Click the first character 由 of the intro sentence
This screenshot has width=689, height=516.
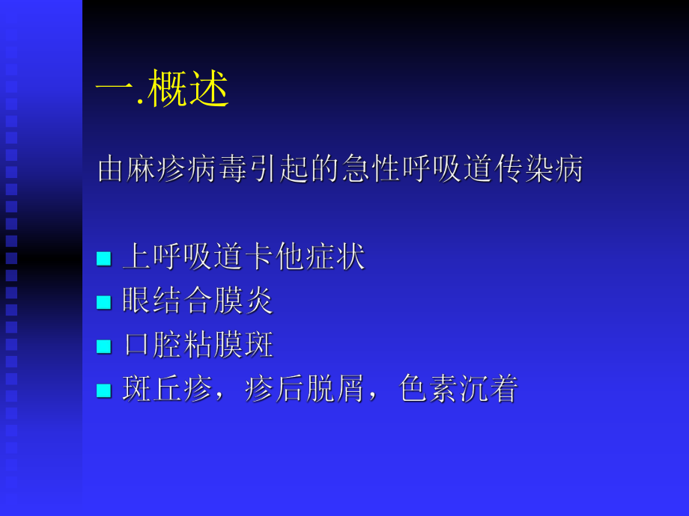pos(110,170)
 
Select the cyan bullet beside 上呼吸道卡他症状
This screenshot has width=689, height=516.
pos(103,259)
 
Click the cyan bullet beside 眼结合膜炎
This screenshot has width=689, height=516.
pos(103,302)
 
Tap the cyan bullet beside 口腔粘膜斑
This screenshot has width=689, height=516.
pos(103,346)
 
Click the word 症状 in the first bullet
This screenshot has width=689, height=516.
pos(342,258)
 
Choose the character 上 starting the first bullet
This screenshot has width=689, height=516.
pos(135,258)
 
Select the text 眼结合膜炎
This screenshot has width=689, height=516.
pos(198,301)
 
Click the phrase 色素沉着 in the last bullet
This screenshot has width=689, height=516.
pos(459,390)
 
